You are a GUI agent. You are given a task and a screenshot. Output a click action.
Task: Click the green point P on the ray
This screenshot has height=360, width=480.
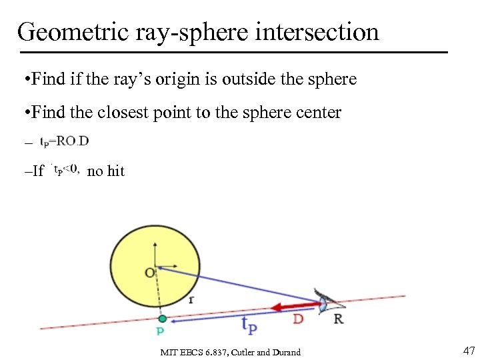(162, 319)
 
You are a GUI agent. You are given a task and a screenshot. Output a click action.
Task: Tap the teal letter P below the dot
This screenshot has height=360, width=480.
(160, 331)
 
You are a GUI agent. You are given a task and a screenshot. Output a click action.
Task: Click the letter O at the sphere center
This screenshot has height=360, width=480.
(149, 272)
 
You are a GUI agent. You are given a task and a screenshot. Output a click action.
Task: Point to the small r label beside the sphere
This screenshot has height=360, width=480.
(191, 300)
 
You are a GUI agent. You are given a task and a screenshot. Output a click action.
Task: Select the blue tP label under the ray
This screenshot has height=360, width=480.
(249, 325)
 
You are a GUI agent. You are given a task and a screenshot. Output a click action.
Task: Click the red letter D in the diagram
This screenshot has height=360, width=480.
(299, 320)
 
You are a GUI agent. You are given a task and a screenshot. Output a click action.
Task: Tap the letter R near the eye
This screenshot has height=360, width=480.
(338, 319)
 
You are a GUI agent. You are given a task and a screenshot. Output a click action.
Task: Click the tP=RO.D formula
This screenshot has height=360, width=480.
(65, 141)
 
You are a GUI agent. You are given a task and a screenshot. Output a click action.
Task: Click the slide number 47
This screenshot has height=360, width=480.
(468, 351)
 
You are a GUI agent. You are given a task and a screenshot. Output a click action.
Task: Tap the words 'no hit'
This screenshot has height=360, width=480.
(106, 171)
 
